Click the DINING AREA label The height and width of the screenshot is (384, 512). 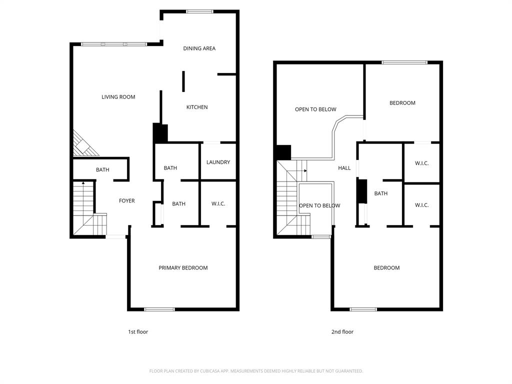pyautogui.click(x=199, y=48)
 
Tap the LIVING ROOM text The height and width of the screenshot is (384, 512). pyautogui.click(x=118, y=97)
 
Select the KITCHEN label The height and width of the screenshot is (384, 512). pyautogui.click(x=197, y=107)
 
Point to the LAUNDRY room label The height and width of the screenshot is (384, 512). pyautogui.click(x=218, y=162)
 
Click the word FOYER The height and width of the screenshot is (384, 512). pyautogui.click(x=126, y=201)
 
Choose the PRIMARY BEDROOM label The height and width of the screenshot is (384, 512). pyautogui.click(x=183, y=268)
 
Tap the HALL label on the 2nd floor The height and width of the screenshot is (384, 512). pyautogui.click(x=344, y=168)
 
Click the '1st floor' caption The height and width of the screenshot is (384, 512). pyautogui.click(x=138, y=332)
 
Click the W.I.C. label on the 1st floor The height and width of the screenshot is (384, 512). pyautogui.click(x=218, y=203)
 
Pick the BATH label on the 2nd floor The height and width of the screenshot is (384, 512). pyautogui.click(x=381, y=193)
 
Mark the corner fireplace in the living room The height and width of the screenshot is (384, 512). pyautogui.click(x=83, y=144)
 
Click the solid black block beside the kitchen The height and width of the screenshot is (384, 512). pyautogui.click(x=160, y=133)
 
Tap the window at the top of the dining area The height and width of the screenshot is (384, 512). pyautogui.click(x=199, y=11)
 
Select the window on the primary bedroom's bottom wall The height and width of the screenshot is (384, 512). pyautogui.click(x=159, y=309)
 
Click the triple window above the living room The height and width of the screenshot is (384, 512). pyautogui.click(x=114, y=44)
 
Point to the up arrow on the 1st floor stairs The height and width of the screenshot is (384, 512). pyautogui.click(x=83, y=183)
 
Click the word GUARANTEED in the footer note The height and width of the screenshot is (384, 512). pyautogui.click(x=346, y=371)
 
